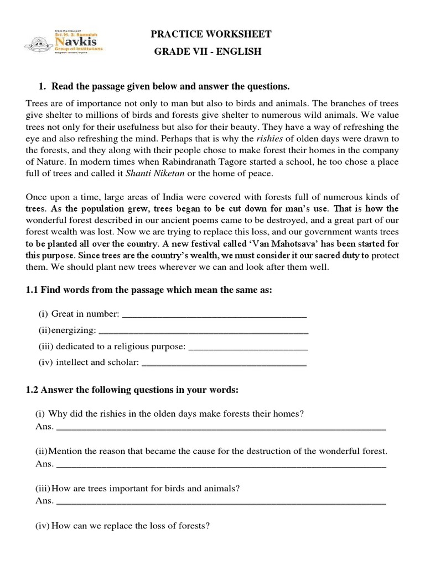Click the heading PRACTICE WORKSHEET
click(211, 34)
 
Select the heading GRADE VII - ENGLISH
click(211, 52)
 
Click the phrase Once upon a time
click(59, 198)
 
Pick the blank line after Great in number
click(214, 315)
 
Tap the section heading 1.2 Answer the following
click(132, 390)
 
